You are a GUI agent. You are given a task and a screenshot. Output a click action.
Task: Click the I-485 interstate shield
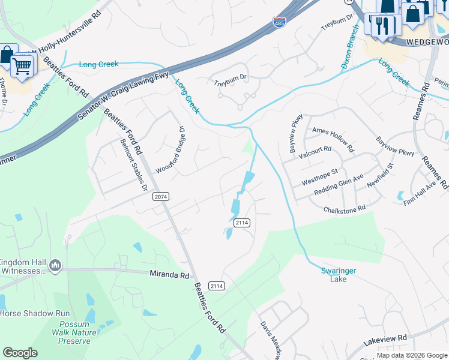279,23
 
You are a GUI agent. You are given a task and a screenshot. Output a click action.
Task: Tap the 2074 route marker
161,196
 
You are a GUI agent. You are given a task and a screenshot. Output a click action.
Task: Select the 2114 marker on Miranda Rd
217,286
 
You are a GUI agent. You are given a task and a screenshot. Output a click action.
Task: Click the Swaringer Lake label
338,275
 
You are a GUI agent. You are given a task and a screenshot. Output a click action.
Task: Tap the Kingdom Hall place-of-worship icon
55,265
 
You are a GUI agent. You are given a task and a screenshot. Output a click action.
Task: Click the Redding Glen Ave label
339,186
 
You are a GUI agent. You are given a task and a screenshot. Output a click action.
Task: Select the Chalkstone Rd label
345,209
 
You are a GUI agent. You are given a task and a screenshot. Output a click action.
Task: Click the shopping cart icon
22,65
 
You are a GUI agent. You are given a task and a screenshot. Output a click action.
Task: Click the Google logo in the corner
20,353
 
